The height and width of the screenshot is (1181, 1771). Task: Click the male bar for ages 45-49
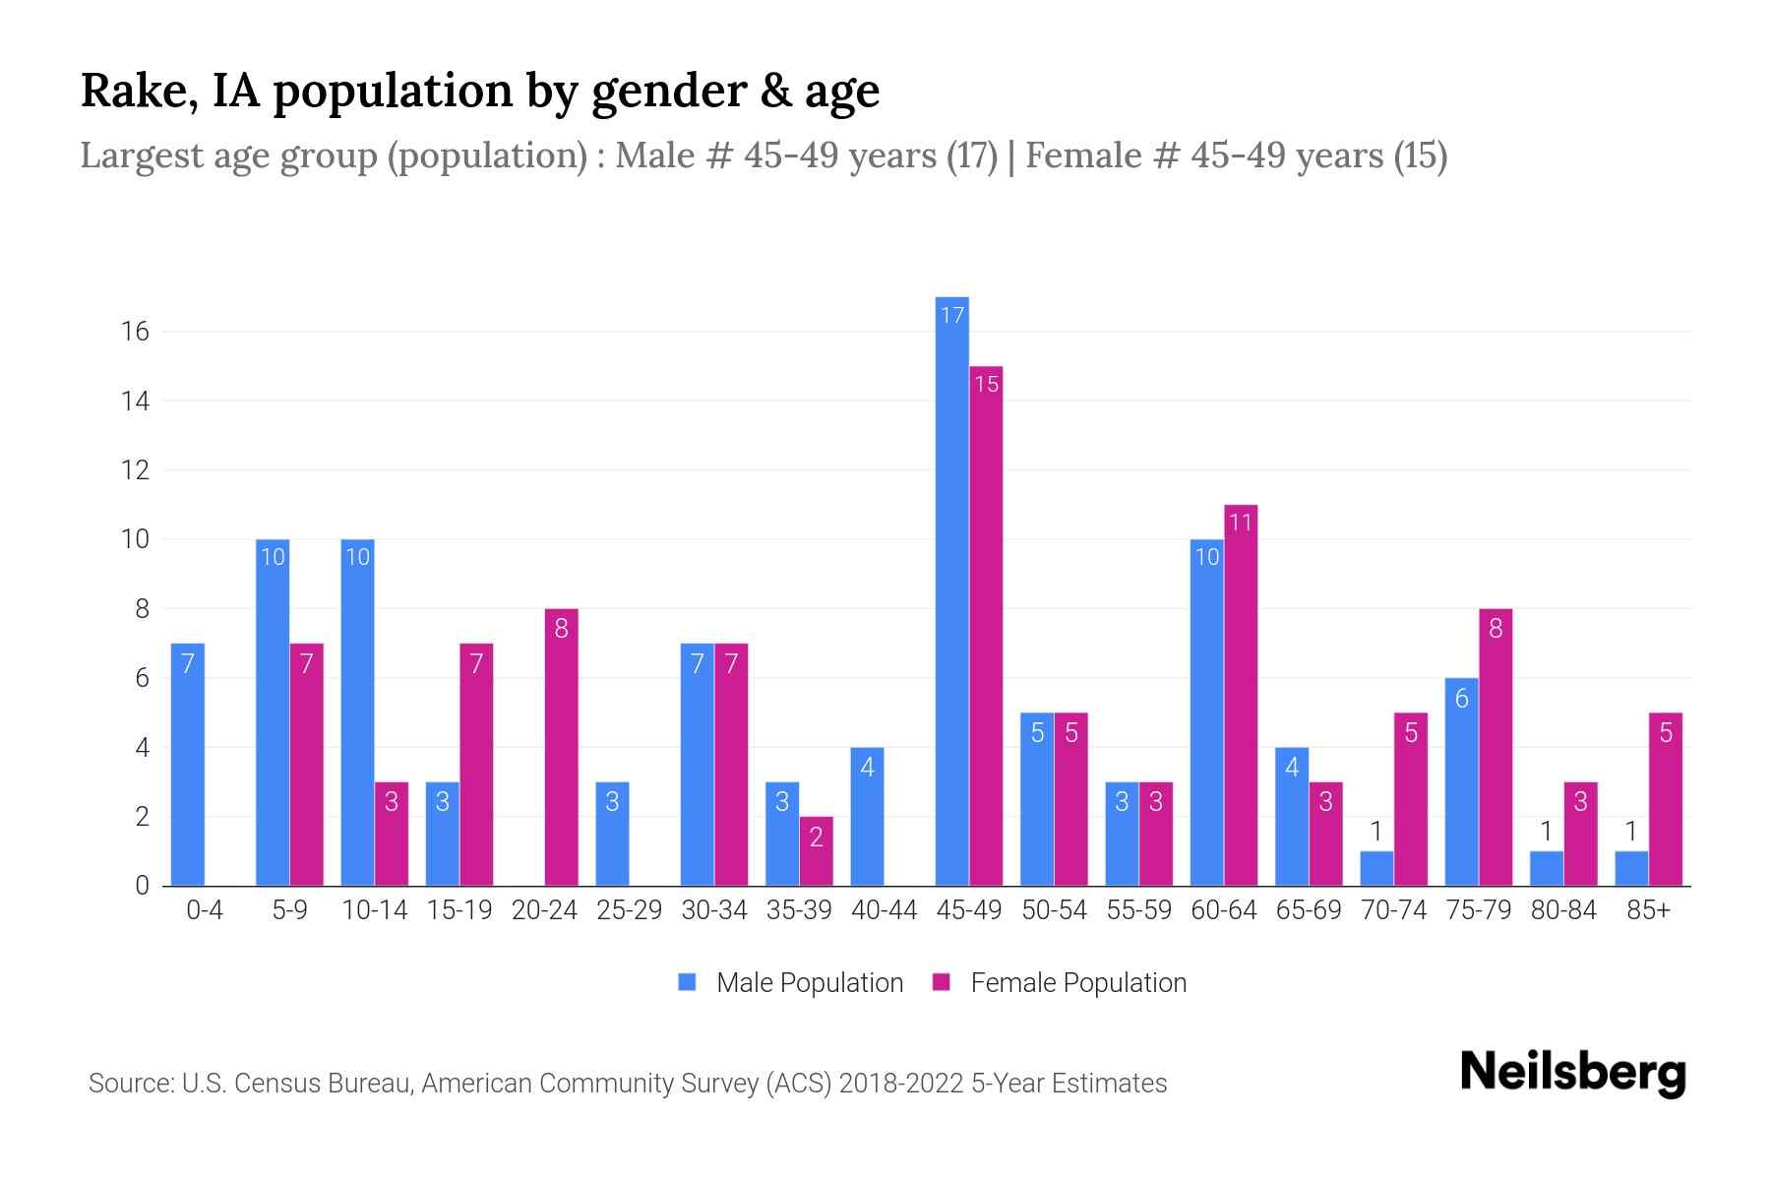[x=951, y=590]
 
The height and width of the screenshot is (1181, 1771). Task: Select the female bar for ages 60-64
[x=1241, y=695]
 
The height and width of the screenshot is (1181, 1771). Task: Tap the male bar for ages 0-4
[x=187, y=765]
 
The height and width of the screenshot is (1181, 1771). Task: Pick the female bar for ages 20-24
[x=561, y=747]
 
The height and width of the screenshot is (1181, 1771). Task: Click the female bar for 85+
[x=1665, y=799]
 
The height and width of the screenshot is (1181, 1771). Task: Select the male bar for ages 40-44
[x=867, y=817]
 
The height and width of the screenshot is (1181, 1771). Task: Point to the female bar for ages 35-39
[x=816, y=851]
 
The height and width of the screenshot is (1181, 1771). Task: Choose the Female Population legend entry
[x=1059, y=982]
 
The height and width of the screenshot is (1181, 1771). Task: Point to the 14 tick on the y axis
[x=135, y=401]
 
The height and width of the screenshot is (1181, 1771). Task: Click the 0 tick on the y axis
[x=142, y=886]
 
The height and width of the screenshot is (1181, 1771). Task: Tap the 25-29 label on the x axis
[x=629, y=910]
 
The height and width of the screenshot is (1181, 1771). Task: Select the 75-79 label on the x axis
[x=1478, y=910]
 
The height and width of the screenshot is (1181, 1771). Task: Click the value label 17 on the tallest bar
[x=951, y=315]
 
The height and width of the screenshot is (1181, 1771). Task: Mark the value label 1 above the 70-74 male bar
[x=1376, y=832]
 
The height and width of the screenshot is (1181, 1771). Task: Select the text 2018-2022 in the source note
[x=901, y=1084]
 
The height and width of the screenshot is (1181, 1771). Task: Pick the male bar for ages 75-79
[x=1461, y=782]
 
